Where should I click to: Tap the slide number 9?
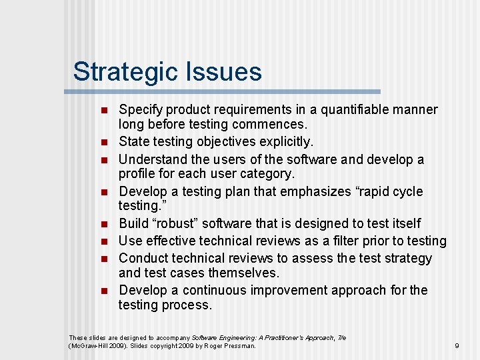coord(457,345)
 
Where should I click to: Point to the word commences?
coord(270,124)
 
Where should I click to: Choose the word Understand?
coord(153,159)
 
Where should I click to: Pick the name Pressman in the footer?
coord(239,345)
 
